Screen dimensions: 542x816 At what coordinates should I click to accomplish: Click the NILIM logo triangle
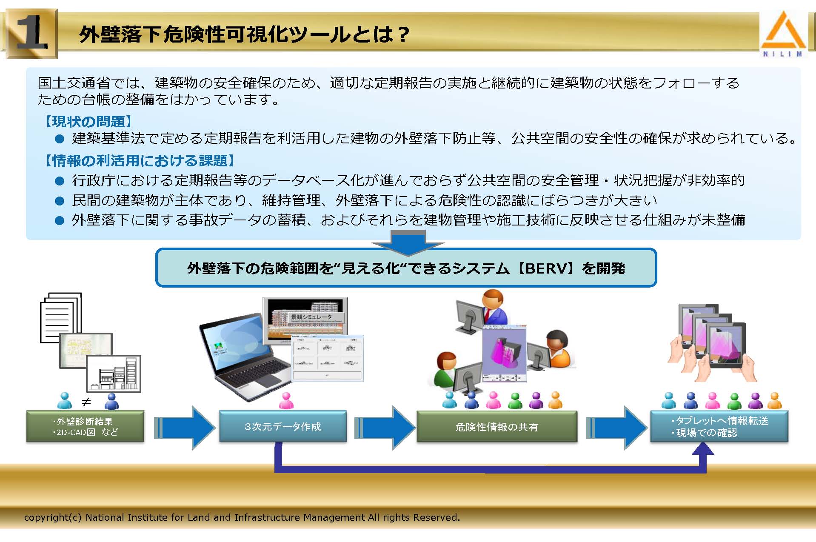pyautogui.click(x=783, y=31)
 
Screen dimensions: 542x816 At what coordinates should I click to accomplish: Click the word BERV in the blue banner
pyautogui.click(x=547, y=268)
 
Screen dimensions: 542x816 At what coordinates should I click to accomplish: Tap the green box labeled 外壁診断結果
pyautogui.click(x=85, y=426)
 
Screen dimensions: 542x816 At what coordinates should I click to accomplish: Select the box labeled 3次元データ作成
pyautogui.click(x=283, y=426)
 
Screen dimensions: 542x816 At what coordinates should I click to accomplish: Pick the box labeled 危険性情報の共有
pyautogui.click(x=496, y=427)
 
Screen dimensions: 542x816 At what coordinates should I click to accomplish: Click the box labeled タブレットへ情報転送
pyautogui.click(x=719, y=426)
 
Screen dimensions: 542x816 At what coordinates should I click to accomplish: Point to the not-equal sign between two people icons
pyautogui.click(x=86, y=402)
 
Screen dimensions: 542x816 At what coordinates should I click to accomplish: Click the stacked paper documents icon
pyautogui.click(x=61, y=317)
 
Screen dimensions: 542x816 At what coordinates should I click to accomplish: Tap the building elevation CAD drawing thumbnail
pyautogui.click(x=114, y=374)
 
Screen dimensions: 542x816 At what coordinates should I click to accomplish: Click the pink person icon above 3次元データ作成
pyautogui.click(x=286, y=401)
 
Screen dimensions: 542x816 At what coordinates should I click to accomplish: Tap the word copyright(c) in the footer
pyautogui.click(x=53, y=517)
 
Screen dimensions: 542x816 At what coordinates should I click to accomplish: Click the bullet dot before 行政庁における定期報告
pyautogui.click(x=60, y=181)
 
